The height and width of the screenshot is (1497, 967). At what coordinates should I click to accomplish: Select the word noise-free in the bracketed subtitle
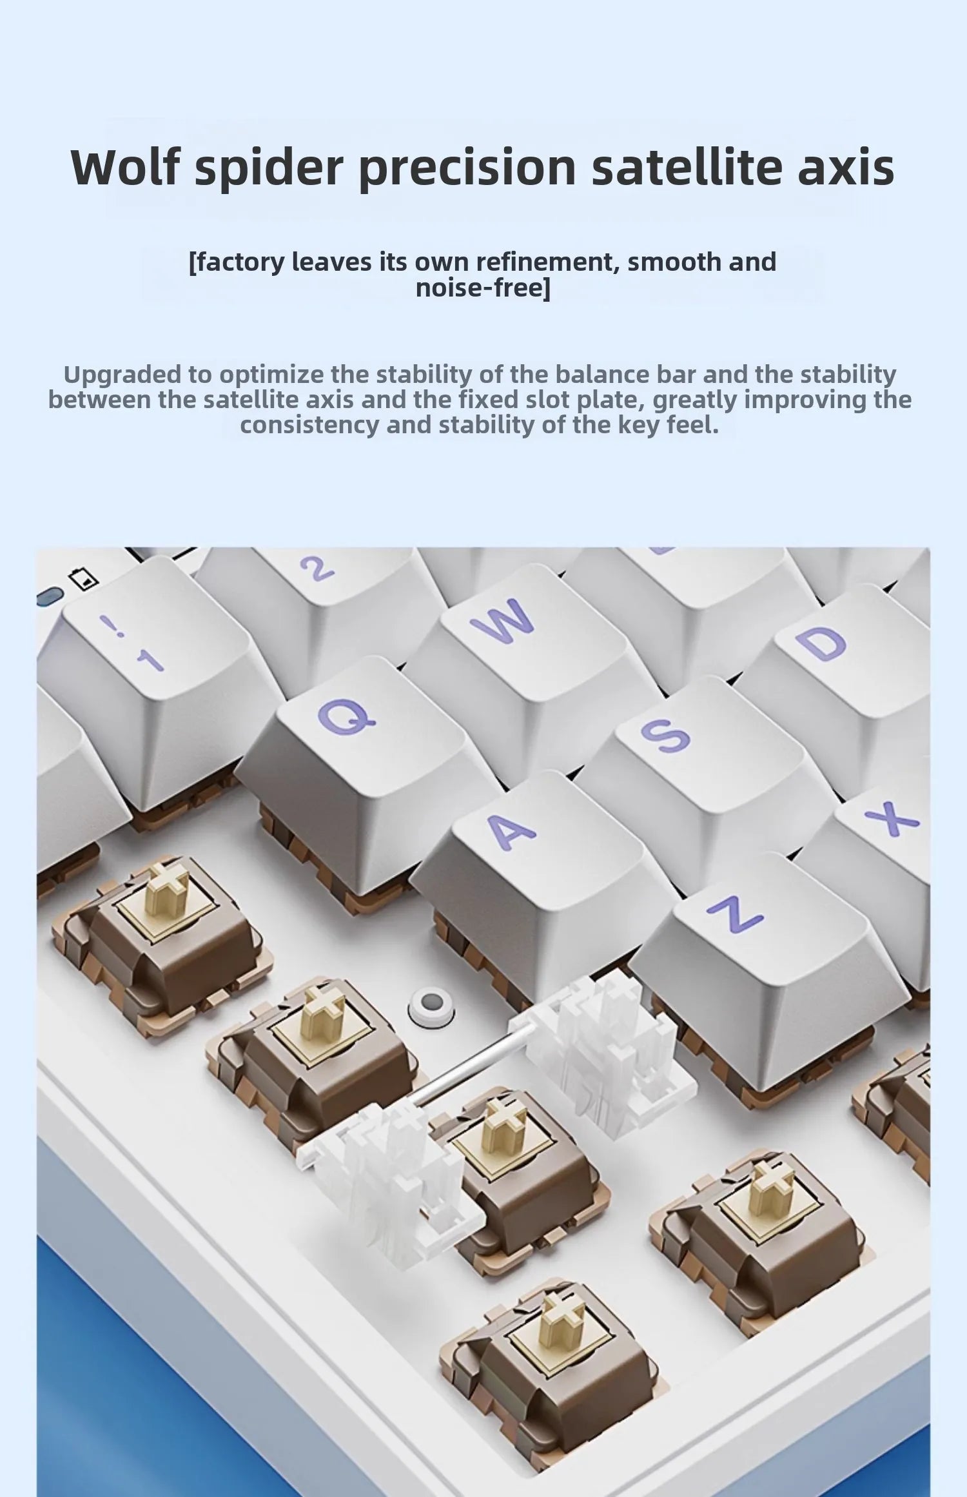[x=483, y=287]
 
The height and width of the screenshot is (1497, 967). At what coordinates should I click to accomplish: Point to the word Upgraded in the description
[x=122, y=374]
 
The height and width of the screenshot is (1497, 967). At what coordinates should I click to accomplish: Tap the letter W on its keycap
[x=503, y=620]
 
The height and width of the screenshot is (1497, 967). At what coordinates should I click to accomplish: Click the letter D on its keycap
[x=820, y=643]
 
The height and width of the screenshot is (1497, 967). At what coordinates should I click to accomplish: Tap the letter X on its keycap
[x=892, y=818]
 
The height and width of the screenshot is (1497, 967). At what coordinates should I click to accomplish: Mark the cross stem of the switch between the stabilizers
[x=500, y=1124]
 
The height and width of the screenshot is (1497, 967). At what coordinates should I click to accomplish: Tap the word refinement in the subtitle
[x=548, y=262]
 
